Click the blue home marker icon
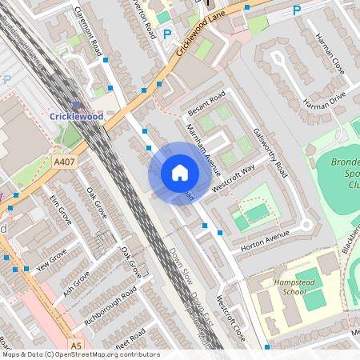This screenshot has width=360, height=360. click(x=180, y=173)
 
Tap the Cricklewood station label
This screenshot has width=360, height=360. click(x=77, y=116)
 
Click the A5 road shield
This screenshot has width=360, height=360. click(x=76, y=345)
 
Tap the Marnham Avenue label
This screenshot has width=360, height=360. click(x=202, y=141)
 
